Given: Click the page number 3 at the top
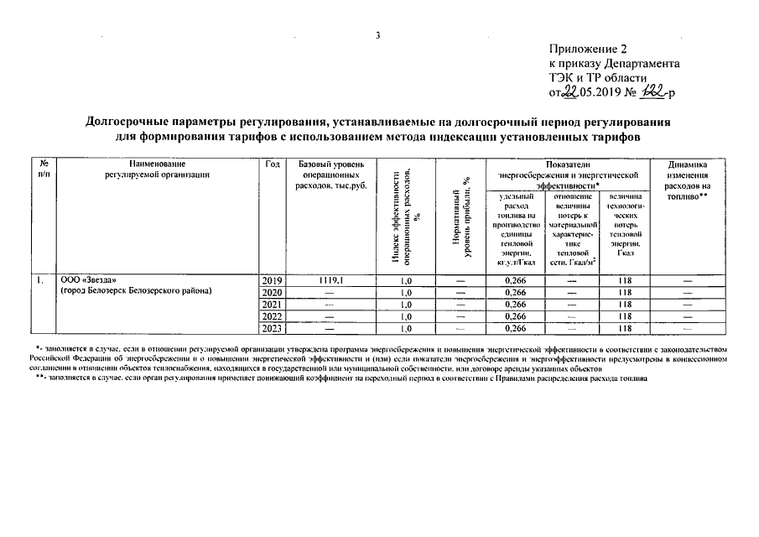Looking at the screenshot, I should tap(379, 34).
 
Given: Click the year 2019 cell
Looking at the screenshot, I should tap(273, 280).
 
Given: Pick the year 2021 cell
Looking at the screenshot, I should tap(273, 304).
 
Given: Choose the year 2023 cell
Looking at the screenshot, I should tap(273, 328).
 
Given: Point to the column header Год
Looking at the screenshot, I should tap(272, 163).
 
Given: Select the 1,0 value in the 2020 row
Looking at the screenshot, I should tap(406, 292).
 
